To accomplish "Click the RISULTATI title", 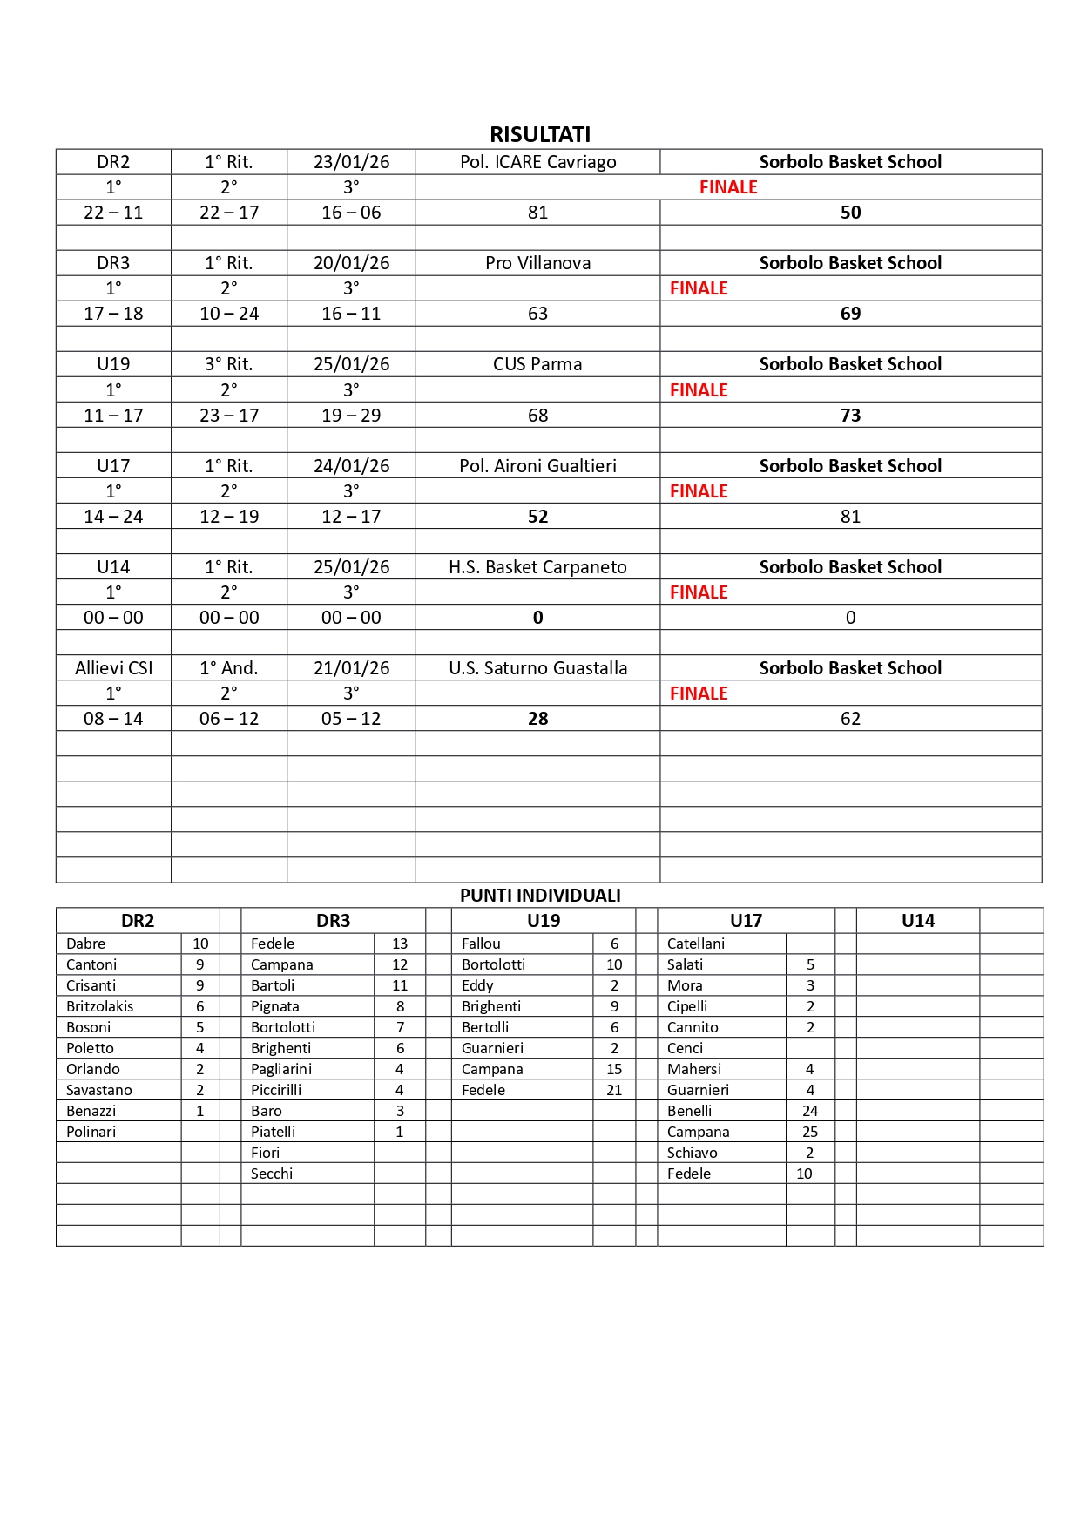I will point(540,134).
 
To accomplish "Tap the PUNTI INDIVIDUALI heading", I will point(540,896).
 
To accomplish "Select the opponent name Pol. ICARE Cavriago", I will point(537,162).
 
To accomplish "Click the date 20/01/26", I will point(351,263).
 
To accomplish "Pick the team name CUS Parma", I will point(537,364).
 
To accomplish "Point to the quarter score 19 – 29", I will point(351,416).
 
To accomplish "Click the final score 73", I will point(850,416).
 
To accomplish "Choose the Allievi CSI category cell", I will point(113,668).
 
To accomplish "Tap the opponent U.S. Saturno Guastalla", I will point(537,668).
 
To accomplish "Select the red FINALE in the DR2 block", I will point(728,187).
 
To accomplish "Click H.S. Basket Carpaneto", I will point(537,567).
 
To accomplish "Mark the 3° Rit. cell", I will point(228,364).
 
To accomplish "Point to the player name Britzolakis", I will point(100,1006).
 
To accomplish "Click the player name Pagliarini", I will point(281,1069).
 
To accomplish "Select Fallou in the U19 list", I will point(481,944).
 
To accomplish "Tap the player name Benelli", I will point(689,1111).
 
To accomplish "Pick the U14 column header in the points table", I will point(918,921).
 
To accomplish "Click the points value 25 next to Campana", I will point(810,1132).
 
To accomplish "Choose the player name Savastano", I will point(99,1090).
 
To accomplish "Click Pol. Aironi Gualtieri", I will point(537,466).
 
